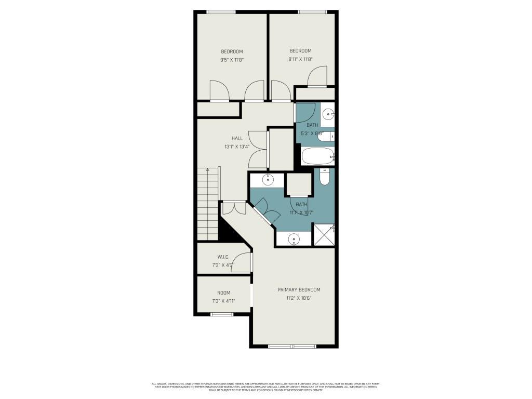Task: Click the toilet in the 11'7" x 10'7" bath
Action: point(324,177)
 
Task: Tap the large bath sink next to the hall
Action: point(268,180)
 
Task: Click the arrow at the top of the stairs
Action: point(208,169)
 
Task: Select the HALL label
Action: point(237,138)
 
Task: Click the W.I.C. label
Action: point(223,257)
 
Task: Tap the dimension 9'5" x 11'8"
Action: point(232,60)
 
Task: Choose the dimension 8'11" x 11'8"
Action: point(300,59)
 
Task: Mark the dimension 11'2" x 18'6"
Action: point(298,298)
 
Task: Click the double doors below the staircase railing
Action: point(233,208)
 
